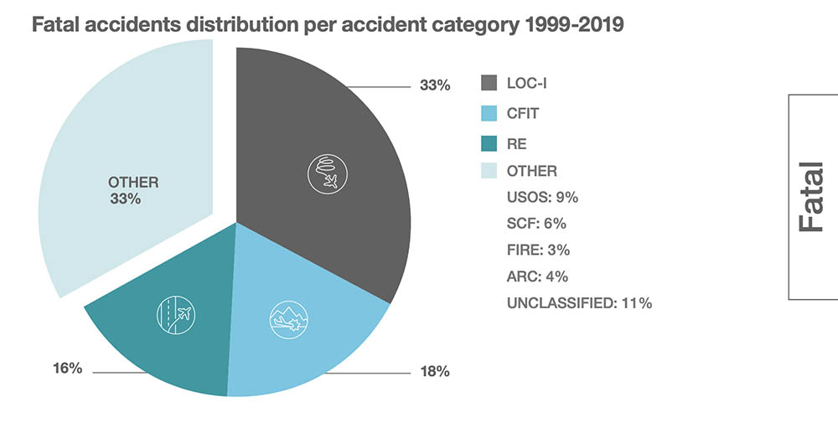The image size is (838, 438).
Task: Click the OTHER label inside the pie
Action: pos(133,182)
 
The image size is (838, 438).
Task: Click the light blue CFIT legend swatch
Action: pos(489,112)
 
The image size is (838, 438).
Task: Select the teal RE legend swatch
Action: pos(489,142)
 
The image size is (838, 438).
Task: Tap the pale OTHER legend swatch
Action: pos(489,171)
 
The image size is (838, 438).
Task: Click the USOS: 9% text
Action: pos(542,198)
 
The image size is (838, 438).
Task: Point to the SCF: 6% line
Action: pos(537,224)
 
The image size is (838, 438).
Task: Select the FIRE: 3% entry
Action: pos(539,250)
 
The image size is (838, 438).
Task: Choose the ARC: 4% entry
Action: pos(537,276)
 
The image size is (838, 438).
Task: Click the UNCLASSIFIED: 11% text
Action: pos(579,303)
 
